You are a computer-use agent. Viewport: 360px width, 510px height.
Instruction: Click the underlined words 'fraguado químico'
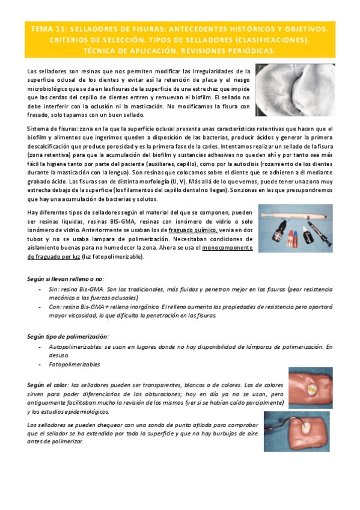coord(192,230)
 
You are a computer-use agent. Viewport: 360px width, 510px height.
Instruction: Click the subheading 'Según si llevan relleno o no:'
coord(66,279)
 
